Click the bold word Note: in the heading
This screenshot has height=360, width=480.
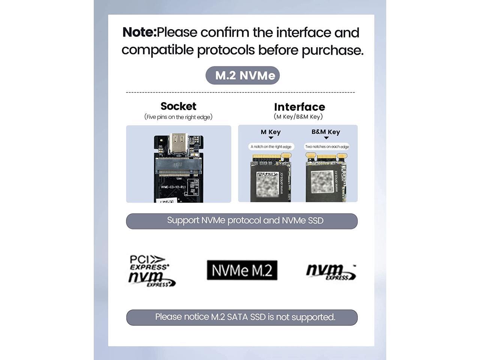(x=139, y=33)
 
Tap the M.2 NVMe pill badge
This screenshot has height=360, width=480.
(x=243, y=75)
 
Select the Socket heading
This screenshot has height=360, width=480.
(x=178, y=106)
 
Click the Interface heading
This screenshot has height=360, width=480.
(x=299, y=107)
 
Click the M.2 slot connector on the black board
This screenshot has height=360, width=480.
(x=179, y=167)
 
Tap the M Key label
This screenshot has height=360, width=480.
(x=270, y=132)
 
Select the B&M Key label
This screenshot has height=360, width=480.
(x=325, y=132)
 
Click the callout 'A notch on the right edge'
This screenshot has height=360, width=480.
(x=271, y=147)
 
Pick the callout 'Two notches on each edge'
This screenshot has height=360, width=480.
(x=327, y=147)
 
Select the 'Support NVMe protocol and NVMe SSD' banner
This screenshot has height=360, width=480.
(x=242, y=221)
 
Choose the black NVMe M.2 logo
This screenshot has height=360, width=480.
(x=242, y=270)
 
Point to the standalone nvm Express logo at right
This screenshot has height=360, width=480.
(x=330, y=271)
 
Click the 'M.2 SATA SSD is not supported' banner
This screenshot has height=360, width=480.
(x=242, y=317)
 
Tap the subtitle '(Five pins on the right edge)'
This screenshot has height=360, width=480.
(x=178, y=117)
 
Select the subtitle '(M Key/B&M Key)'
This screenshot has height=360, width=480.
(x=298, y=117)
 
